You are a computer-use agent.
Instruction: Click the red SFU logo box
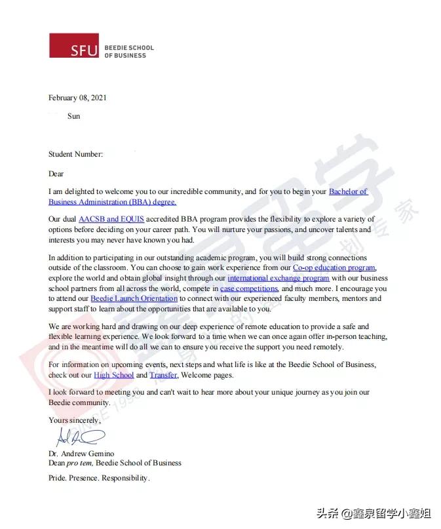74,45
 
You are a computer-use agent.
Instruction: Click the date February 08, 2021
77,98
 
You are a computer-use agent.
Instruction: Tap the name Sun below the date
74,116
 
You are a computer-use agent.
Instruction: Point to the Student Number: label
75,154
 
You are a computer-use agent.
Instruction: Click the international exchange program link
278,278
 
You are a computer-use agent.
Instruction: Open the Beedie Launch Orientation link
134,298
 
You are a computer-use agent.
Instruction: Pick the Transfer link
163,375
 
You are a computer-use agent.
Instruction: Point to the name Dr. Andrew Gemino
81,453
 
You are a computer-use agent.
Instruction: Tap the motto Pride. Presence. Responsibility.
99,478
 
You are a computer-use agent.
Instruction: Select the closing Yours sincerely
75,420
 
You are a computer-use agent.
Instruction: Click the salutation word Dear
56,174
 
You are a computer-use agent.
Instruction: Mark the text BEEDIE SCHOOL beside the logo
128,48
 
